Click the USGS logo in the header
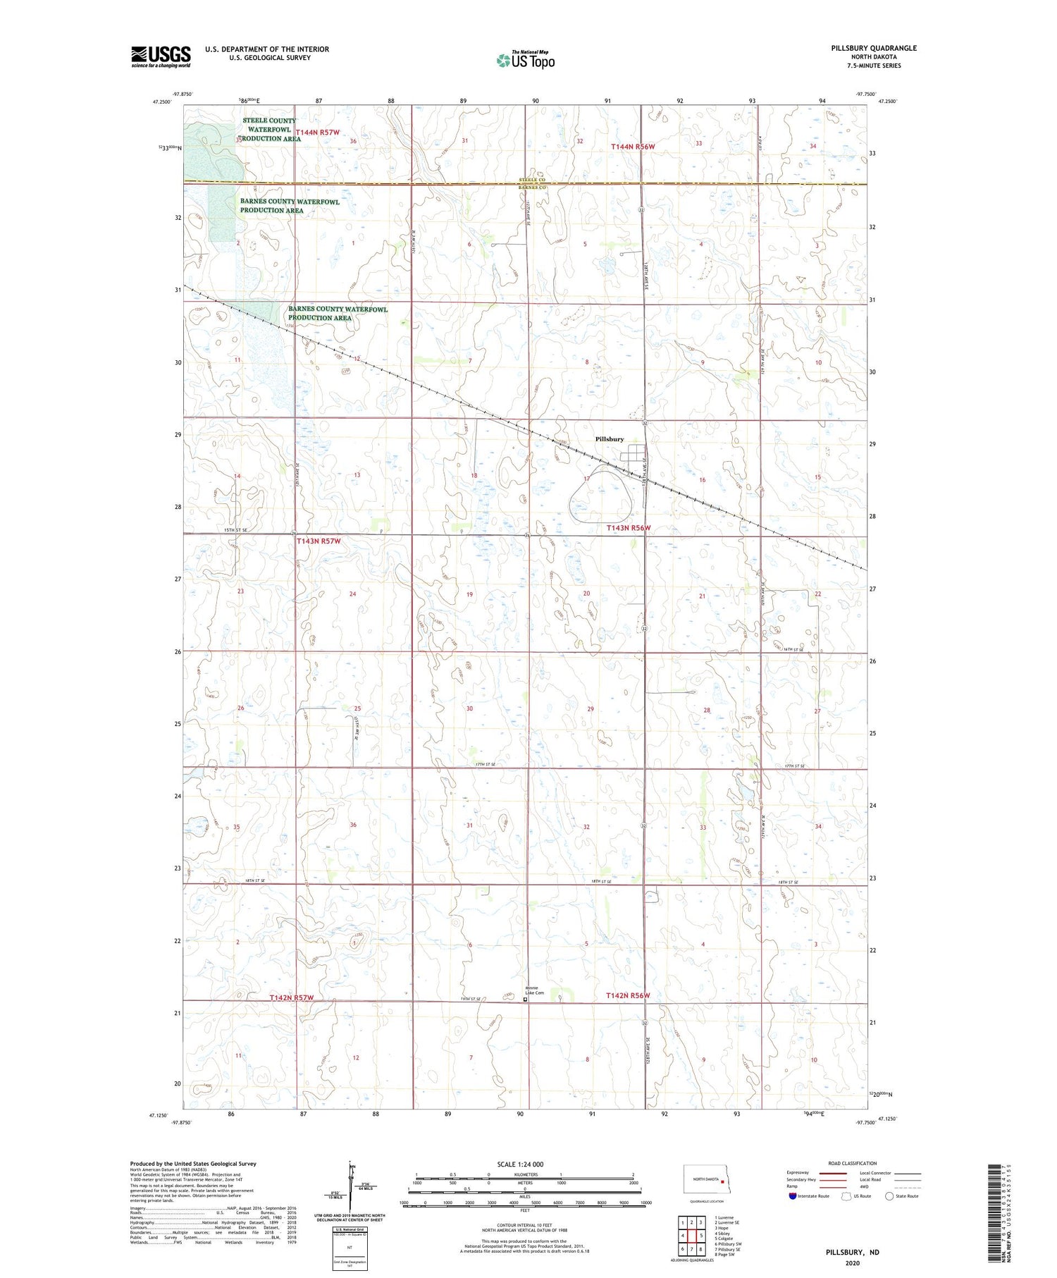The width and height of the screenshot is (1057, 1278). [x=161, y=56]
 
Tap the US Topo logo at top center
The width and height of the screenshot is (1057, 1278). [x=526, y=61]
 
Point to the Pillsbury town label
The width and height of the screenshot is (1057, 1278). [x=610, y=439]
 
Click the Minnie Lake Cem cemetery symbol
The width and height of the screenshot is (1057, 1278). [x=524, y=999]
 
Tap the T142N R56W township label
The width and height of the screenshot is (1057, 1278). [x=627, y=995]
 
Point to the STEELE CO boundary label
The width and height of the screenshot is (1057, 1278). [x=533, y=180]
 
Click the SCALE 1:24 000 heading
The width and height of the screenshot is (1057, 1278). [x=520, y=1164]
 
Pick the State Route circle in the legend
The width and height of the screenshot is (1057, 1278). [x=889, y=1196]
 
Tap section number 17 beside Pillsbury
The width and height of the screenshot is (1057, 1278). [x=586, y=479]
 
